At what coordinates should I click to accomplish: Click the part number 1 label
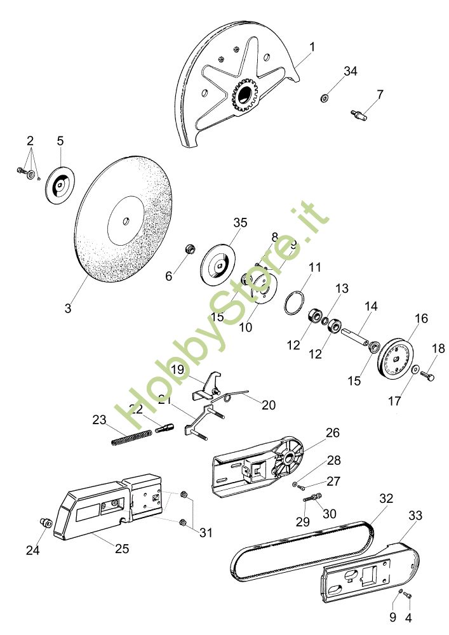pyautogui.click(x=312, y=46)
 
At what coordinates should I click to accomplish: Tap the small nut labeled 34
pyautogui.click(x=325, y=97)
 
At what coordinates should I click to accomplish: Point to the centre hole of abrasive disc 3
pyautogui.click(x=126, y=220)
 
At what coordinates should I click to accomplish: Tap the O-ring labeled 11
pyautogui.click(x=293, y=302)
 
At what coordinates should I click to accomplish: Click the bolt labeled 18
pyautogui.click(x=427, y=377)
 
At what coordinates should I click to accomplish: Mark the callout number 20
pyautogui.click(x=269, y=405)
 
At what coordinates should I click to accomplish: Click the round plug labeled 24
pyautogui.click(x=45, y=523)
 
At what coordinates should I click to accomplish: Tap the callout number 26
pyautogui.click(x=332, y=433)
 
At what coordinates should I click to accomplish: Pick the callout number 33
pyautogui.click(x=415, y=516)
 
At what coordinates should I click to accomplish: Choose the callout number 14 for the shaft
pyautogui.click(x=370, y=307)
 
